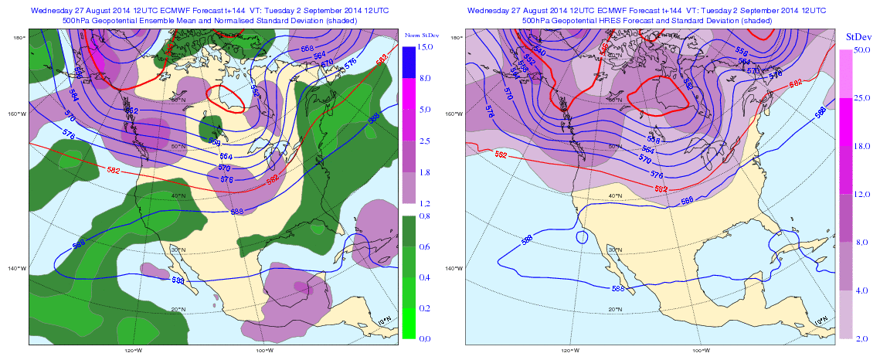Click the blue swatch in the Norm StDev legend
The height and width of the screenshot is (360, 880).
coord(409,62)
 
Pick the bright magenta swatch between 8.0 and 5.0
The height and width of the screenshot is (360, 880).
coord(409,93)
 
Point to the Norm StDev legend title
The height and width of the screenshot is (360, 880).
coord(421,36)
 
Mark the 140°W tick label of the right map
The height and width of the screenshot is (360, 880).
coord(454,269)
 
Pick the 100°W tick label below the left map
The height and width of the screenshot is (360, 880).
coord(263,350)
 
